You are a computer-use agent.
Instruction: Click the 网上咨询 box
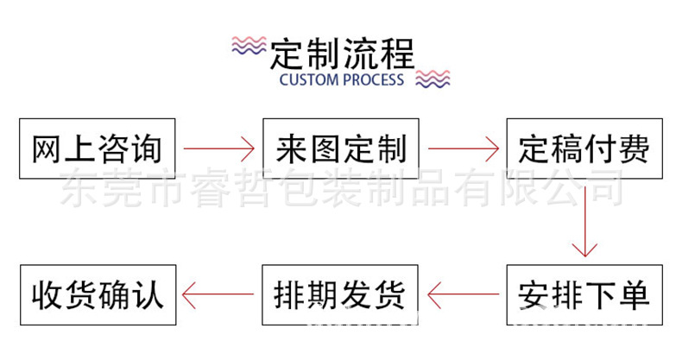tap(98, 149)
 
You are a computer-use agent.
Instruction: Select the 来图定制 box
tap(341, 149)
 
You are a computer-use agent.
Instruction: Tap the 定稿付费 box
tap(584, 149)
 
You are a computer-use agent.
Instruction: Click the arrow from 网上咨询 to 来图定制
tap(219, 149)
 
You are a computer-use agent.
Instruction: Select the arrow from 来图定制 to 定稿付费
tap(463, 149)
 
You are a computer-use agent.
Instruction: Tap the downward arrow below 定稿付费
tap(584, 220)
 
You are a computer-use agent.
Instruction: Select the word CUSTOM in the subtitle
tap(310, 80)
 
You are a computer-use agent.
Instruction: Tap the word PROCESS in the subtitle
tap(373, 80)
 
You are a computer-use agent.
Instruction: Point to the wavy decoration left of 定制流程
tap(249, 45)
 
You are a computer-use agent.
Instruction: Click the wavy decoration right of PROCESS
tap(433, 80)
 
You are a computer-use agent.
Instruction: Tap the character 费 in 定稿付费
tap(634, 149)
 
